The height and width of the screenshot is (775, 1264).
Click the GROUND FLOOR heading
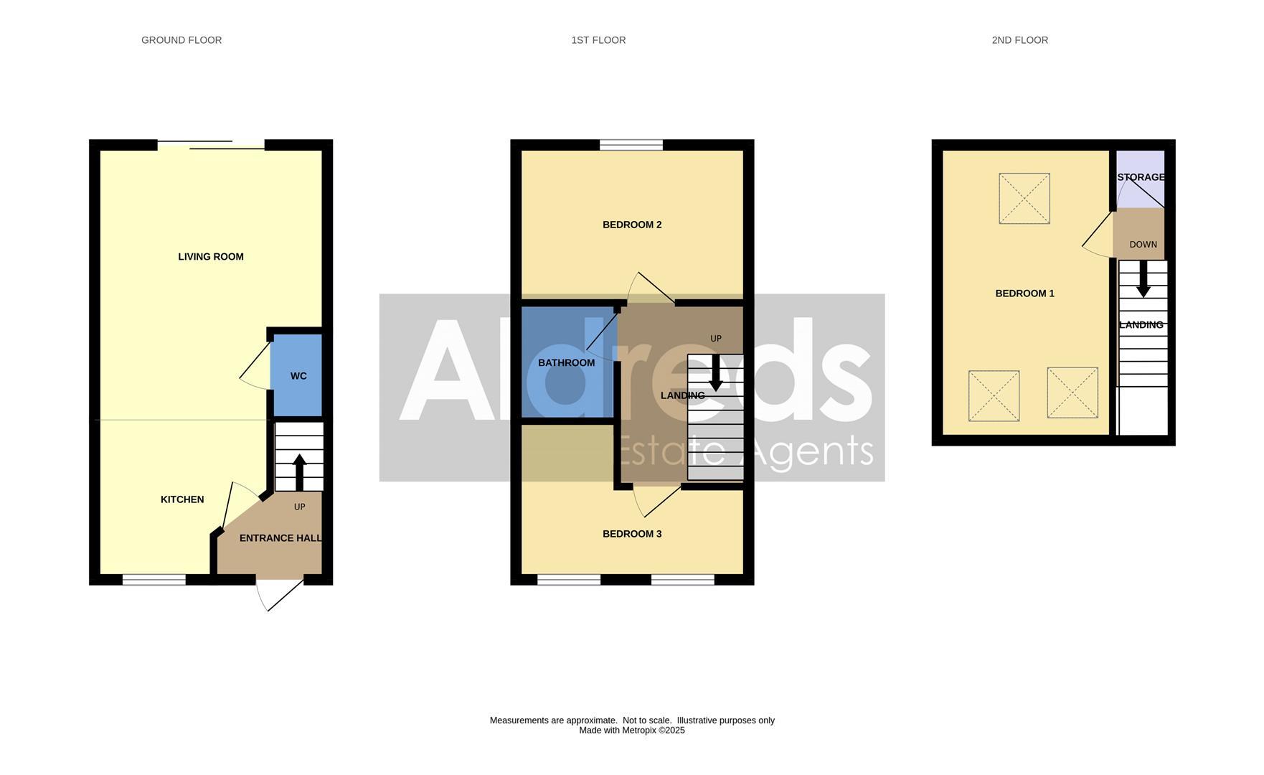tap(181, 40)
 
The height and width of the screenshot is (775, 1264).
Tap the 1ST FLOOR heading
tap(598, 40)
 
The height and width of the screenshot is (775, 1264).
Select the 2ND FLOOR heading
tap(1019, 40)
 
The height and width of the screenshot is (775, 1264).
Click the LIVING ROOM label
tap(211, 257)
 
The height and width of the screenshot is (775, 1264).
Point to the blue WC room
tap(298, 376)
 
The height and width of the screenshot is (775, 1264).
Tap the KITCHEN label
tap(182, 499)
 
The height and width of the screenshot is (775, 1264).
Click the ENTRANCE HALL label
tap(280, 538)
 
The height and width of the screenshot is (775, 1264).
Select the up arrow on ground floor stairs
tap(299, 471)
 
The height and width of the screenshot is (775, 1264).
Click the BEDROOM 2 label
tap(632, 225)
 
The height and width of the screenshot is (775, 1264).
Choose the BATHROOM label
tap(566, 363)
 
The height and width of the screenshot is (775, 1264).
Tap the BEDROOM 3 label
tap(632, 534)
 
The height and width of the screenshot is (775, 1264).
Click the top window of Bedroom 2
tap(631, 145)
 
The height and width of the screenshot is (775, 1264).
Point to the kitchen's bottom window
tap(154, 580)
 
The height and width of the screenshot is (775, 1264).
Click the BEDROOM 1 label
tap(1024, 293)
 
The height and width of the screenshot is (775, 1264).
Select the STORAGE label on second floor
tap(1141, 177)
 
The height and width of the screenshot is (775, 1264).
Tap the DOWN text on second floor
tap(1143, 245)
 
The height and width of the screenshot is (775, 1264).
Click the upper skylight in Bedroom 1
tap(1024, 198)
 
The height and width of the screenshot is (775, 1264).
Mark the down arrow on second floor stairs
tap(1143, 280)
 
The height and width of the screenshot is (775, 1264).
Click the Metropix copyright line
tap(632, 731)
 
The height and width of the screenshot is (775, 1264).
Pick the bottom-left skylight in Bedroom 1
tap(994, 395)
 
